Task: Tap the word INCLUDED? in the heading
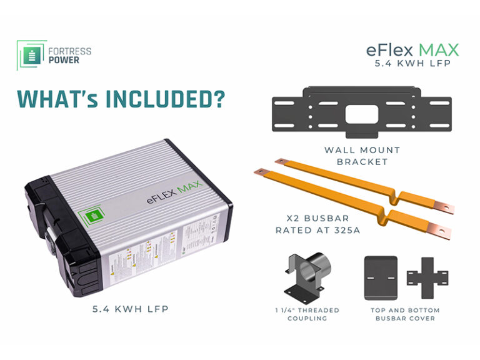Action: (x=169, y=99)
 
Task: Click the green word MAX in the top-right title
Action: (x=438, y=49)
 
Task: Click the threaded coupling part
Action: (x=304, y=275)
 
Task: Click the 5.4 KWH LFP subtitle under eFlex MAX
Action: (x=413, y=64)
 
